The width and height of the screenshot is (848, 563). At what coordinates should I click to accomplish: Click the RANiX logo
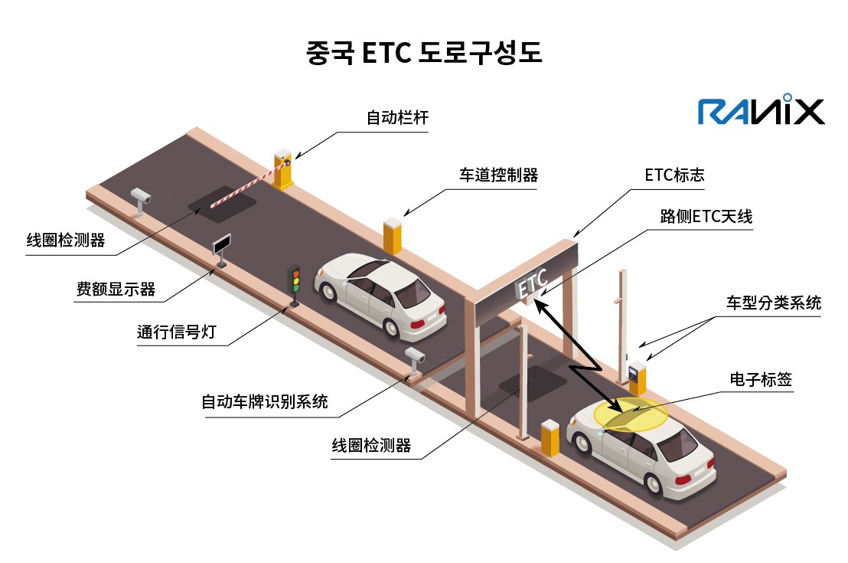761,111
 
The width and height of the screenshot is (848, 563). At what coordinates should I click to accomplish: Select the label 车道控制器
498,175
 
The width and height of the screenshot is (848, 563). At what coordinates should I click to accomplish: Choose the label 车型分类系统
773,303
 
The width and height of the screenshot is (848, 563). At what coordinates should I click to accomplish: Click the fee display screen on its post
222,245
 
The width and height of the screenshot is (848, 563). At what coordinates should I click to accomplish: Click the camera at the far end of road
141,198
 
